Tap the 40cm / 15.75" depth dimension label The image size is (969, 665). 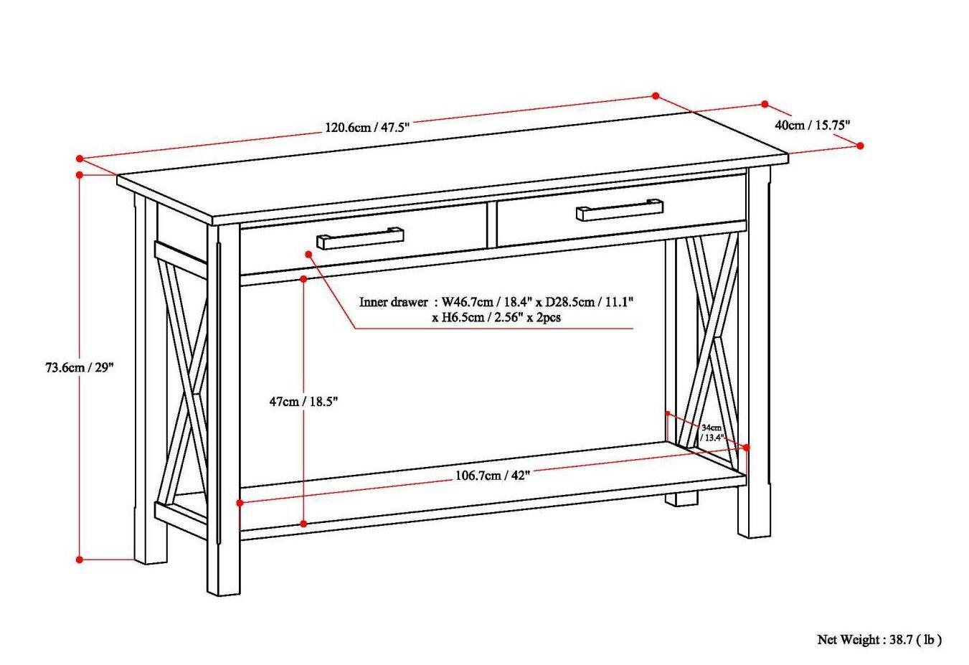[812, 124]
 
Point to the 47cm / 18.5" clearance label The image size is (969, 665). [303, 402]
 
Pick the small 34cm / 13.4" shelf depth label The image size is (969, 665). [712, 432]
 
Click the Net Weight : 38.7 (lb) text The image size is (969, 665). [879, 639]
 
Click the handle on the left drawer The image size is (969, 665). [360, 237]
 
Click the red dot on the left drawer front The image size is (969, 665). [308, 254]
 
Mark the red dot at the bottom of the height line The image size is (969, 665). [80, 560]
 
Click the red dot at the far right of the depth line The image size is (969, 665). [861, 145]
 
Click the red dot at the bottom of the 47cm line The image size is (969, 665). [303, 524]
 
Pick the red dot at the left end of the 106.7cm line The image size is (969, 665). [239, 504]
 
